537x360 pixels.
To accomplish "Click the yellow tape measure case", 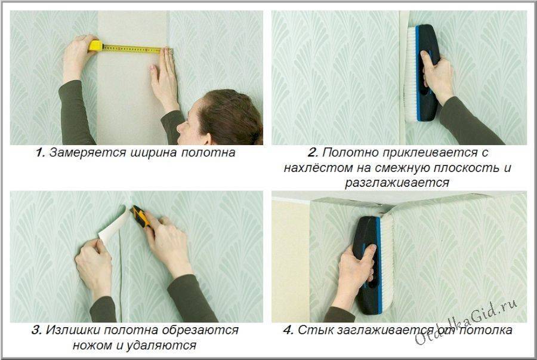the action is pos(95,46).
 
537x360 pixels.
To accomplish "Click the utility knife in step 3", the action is pos(141,217).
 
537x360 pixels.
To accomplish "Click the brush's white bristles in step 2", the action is pos(411,73).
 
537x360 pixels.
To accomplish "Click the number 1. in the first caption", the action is pos(41,153).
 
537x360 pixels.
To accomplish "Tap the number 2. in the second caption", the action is pos(313,153).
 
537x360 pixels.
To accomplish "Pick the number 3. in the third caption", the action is pos(36,330).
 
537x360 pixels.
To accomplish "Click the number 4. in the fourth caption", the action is pos(288,330).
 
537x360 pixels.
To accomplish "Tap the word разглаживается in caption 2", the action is pos(397,183).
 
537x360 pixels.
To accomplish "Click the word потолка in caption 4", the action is pos(486,330).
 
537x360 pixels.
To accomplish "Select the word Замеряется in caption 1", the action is pos(88,153).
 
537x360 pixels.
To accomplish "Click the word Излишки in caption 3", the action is pos(73,330).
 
